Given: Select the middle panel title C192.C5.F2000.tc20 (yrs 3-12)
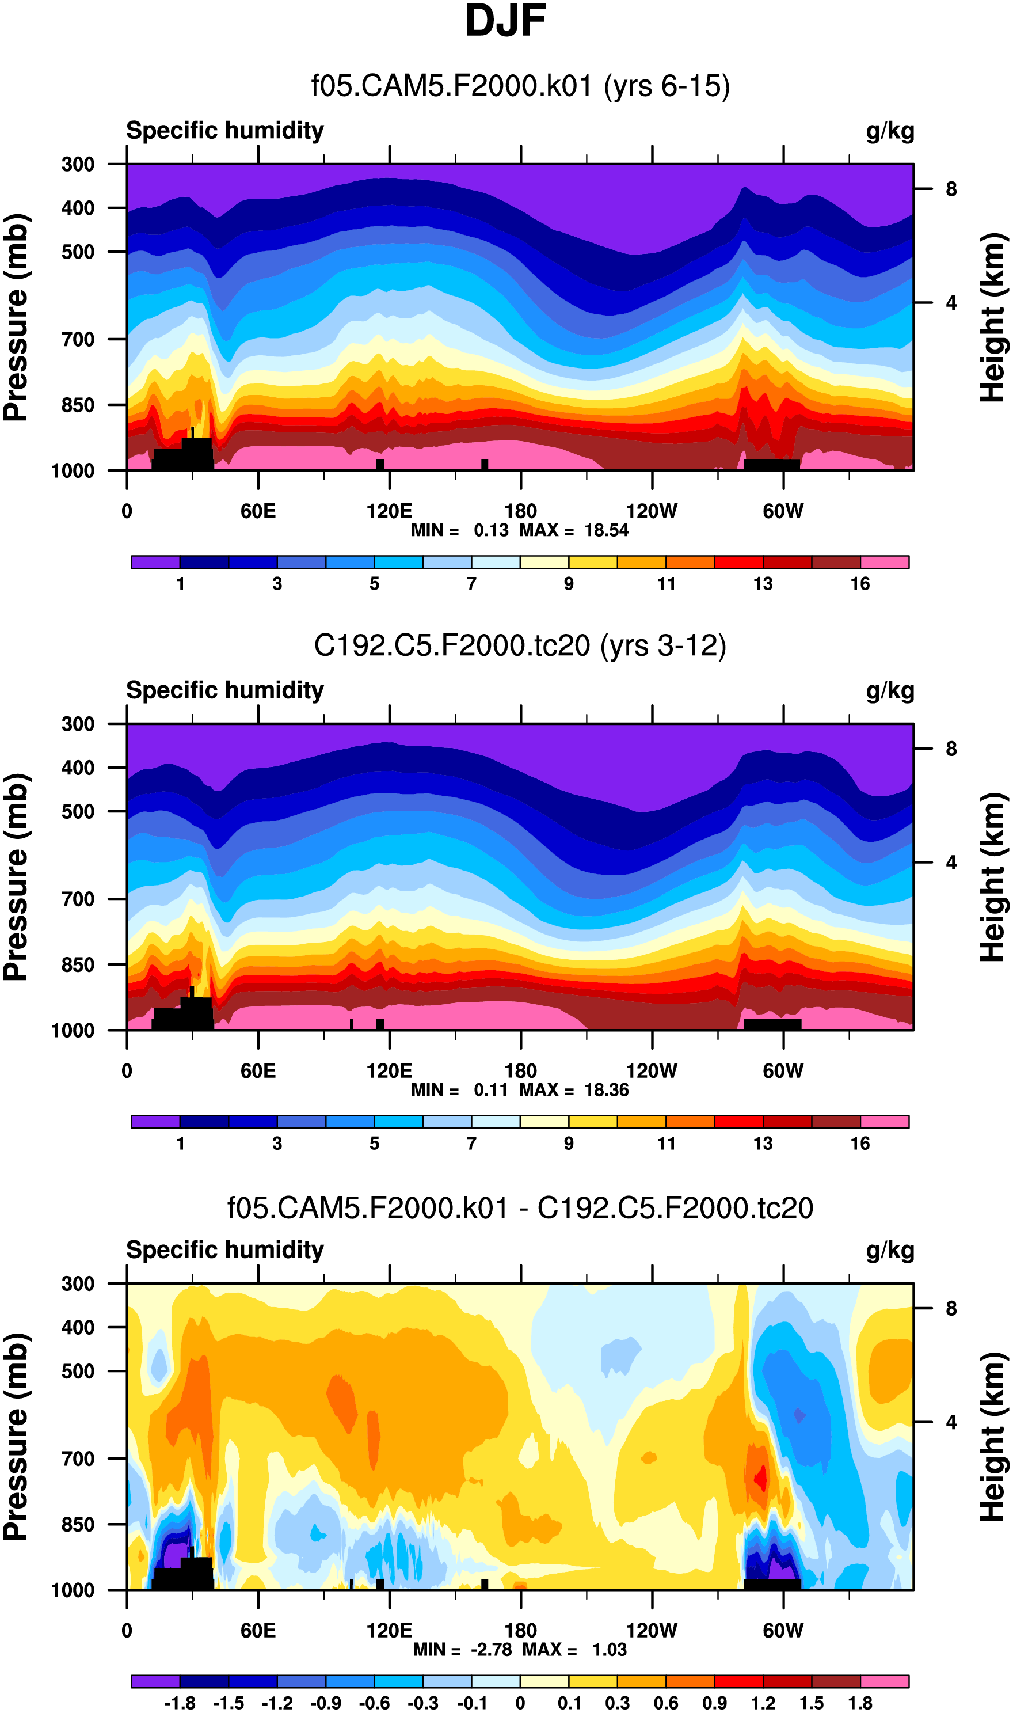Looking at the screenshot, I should (520, 646).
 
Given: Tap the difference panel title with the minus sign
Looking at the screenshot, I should (520, 1208).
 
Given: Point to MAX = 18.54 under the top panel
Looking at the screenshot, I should (573, 530).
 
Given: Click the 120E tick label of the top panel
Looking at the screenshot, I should (389, 511).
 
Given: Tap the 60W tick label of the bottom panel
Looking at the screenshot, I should (783, 1631).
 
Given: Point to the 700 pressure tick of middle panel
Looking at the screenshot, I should (78, 899).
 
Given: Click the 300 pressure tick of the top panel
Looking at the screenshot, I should (78, 165).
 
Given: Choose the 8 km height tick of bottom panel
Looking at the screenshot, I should (951, 1309).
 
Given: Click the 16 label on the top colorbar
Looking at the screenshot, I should (859, 584).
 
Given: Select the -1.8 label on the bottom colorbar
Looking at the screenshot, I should (180, 1703).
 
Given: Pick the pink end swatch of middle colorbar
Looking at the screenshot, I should (884, 1122).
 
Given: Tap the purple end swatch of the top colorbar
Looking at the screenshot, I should (155, 562).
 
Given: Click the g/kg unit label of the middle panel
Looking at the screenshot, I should (889, 691).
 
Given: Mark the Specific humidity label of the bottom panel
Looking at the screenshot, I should (224, 1250).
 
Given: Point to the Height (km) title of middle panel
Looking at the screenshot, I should (993, 878).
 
